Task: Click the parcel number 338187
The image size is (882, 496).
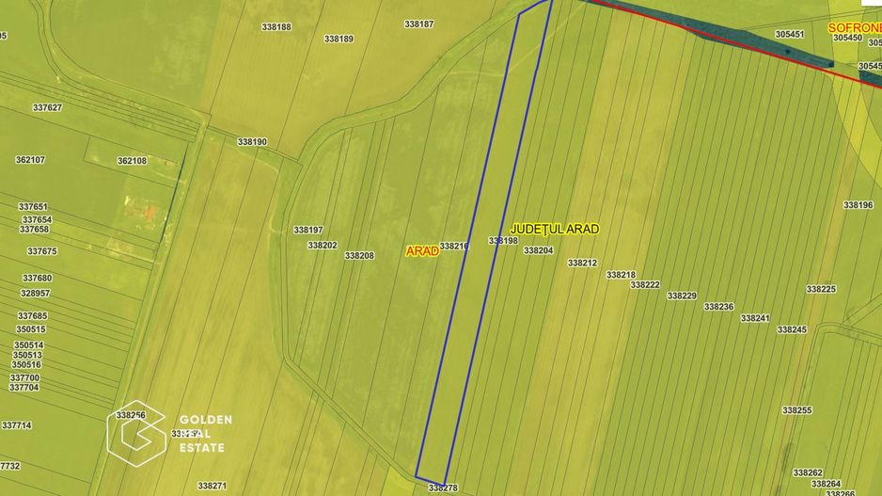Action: click(418, 24)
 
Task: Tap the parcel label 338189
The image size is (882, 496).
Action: click(339, 39)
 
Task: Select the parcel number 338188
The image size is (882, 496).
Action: click(276, 27)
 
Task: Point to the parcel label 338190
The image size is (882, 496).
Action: click(252, 142)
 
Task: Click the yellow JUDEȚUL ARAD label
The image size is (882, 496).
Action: click(555, 229)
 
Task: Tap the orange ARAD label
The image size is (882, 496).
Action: click(422, 251)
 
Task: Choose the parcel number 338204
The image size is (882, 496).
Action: click(538, 250)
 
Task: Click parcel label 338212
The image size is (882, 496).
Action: click(582, 264)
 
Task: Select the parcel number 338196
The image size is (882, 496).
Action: click(858, 205)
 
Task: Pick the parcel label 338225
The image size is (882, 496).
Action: click(821, 290)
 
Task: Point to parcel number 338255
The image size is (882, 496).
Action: click(796, 410)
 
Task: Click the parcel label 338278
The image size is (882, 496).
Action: click(442, 488)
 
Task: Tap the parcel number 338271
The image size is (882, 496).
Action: click(213, 486)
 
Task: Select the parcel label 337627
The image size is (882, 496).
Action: click(47, 107)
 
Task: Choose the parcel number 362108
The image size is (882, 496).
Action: click(132, 161)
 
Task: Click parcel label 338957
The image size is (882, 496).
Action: click(35, 293)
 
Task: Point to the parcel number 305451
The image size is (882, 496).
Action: click(790, 34)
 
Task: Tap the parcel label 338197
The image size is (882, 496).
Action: click(307, 230)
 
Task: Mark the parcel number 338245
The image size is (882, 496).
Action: click(792, 330)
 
